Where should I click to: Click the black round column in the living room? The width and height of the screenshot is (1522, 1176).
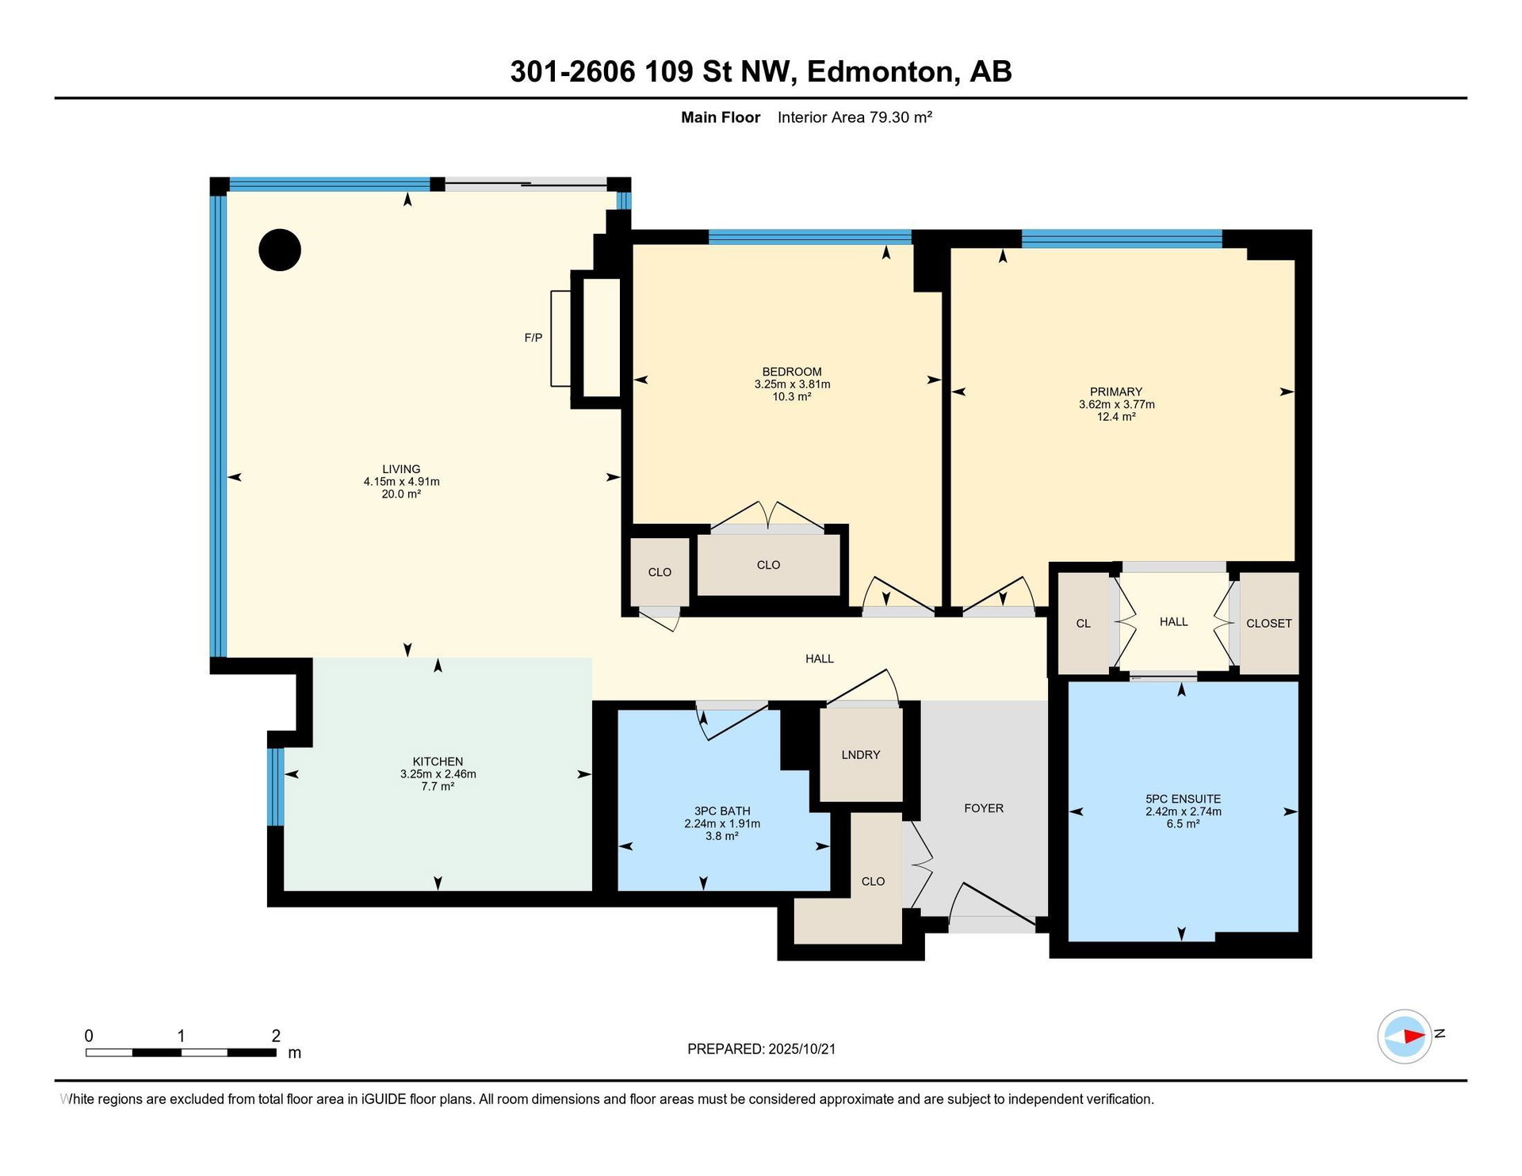[280, 250]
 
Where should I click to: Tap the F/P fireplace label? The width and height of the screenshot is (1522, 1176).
[533, 338]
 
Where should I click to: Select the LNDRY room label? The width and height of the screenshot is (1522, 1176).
[861, 754]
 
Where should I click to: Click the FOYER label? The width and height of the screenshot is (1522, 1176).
[984, 808]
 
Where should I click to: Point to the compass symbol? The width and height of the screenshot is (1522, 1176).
[1405, 1036]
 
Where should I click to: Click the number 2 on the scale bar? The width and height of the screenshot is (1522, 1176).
[276, 1036]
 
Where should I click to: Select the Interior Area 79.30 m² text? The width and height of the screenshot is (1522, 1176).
[855, 117]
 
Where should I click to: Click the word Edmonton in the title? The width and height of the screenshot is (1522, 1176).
[880, 72]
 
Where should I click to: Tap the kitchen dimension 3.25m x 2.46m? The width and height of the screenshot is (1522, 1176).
[438, 774]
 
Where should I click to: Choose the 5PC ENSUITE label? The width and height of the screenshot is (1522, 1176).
[1184, 799]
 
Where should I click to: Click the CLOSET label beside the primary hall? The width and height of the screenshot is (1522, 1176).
[1269, 624]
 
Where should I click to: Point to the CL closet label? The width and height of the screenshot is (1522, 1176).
[1084, 624]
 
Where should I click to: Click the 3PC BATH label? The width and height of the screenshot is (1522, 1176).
[722, 811]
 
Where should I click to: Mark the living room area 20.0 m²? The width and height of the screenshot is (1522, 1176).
[401, 494]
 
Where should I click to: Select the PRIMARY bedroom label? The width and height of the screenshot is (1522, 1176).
[1116, 391]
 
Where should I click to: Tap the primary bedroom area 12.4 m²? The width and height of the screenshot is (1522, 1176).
[1116, 417]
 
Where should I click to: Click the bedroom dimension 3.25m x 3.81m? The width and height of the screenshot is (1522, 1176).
[793, 384]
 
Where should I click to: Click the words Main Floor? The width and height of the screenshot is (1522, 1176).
[721, 117]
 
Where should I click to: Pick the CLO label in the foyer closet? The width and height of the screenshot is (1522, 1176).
[874, 881]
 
